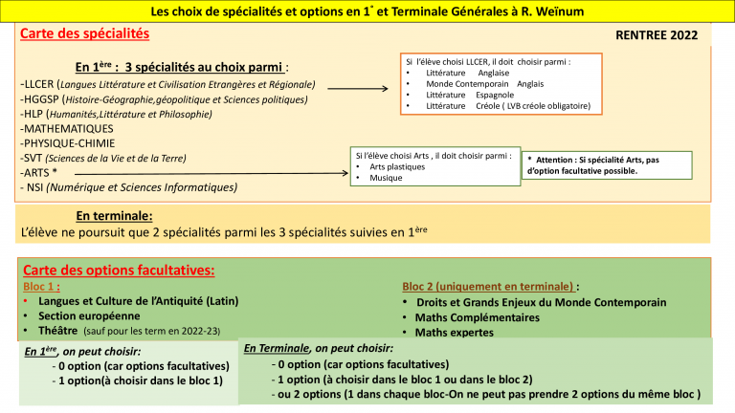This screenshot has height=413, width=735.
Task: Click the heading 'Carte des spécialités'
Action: pyautogui.click(x=85, y=33)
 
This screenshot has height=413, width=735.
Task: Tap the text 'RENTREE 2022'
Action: pyautogui.click(x=657, y=36)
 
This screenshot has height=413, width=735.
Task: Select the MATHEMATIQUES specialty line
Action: pyautogui.click(x=67, y=128)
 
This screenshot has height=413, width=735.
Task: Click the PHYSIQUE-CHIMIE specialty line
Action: pyautogui.click(x=68, y=143)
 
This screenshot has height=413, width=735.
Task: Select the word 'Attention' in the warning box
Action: pyautogui.click(x=556, y=160)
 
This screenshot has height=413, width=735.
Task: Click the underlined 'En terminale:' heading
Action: pyautogui.click(x=114, y=216)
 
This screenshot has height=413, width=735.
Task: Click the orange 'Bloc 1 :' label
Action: pyautogui.click(x=42, y=286)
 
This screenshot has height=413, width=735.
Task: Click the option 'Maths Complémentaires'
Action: pyautogui.click(x=478, y=317)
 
